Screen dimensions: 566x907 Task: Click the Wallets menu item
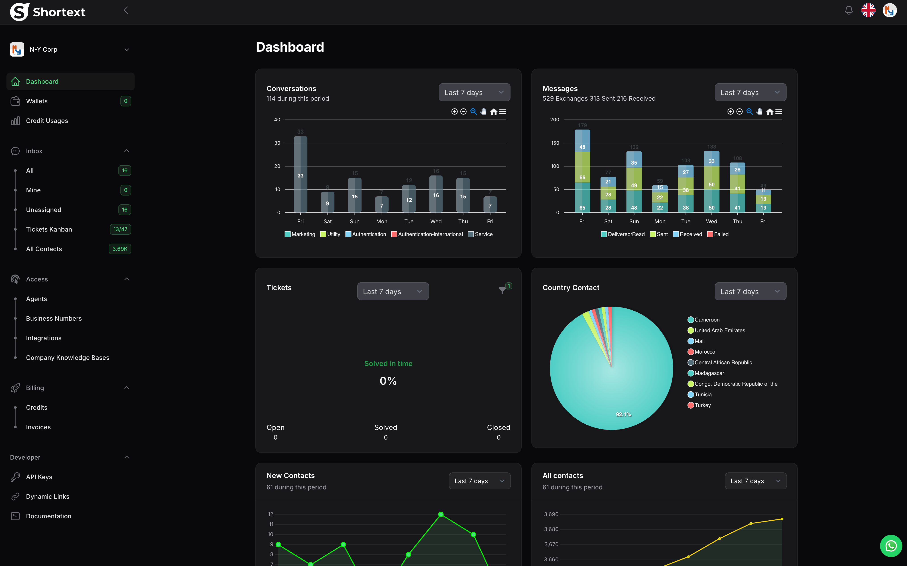pos(37,101)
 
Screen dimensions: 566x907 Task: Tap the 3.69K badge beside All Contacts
pos(120,249)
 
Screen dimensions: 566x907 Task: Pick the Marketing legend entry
pos(300,234)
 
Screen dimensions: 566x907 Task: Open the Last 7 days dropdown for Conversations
pos(474,92)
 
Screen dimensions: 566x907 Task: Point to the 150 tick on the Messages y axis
pos(555,143)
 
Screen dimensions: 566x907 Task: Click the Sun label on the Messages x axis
pos(634,222)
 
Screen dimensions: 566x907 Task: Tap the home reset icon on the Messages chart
pos(770,112)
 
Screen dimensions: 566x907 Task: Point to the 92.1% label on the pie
pos(623,414)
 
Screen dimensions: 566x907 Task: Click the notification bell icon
pos(849,10)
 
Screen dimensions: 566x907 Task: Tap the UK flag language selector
pos(868,10)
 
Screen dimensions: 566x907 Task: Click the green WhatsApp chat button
pos(891,546)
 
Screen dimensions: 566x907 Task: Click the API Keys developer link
pos(39,477)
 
